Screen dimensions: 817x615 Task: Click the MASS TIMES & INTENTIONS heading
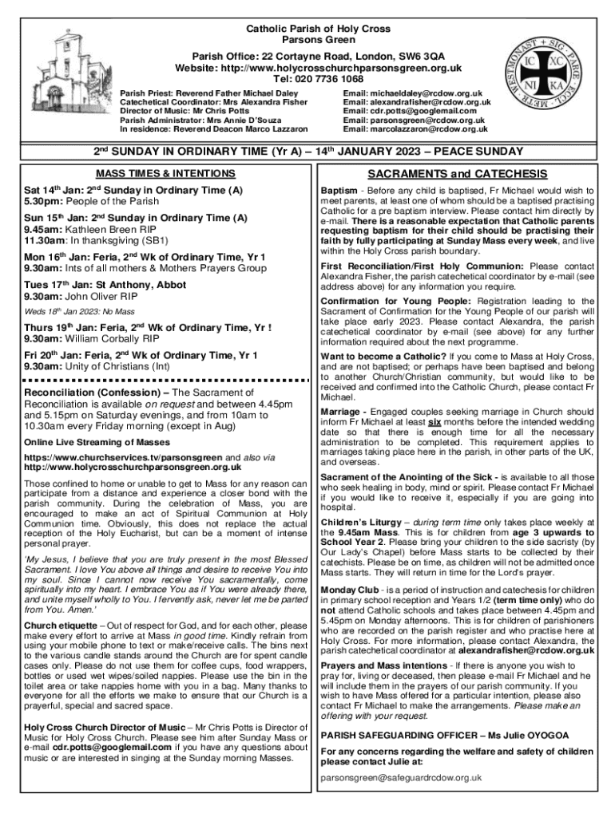pos(166,173)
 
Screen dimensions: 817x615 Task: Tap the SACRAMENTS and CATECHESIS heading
pos(457,174)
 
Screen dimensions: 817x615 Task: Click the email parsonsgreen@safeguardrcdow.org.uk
pos(401,777)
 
